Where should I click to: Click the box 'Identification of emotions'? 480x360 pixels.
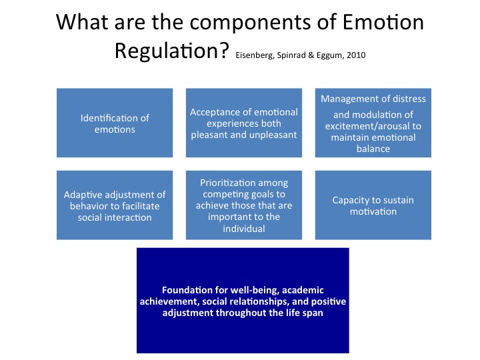tap(115, 123)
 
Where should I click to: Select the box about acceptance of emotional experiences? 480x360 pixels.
tap(244, 123)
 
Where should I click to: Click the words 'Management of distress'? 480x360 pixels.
tap(373, 99)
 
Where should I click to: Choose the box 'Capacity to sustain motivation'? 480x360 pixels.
tap(373, 205)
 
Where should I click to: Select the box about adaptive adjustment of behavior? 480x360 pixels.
tap(115, 205)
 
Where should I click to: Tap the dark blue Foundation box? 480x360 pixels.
tap(243, 301)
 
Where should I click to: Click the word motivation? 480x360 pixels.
tap(373, 211)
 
